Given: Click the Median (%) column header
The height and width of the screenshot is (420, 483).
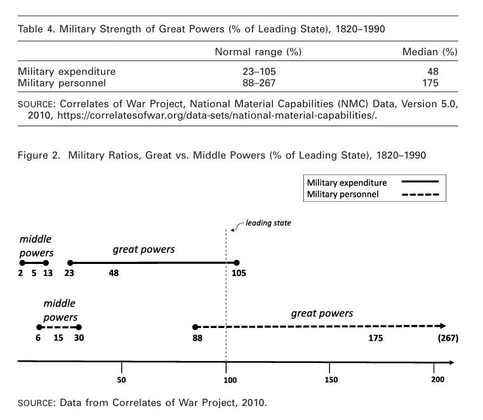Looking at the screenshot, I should pos(430,51).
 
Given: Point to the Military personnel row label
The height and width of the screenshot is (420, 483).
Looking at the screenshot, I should pos(62,82).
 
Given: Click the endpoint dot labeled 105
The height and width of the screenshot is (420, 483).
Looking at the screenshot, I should pos(236,262).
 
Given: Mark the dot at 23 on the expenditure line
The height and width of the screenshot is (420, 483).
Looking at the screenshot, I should pos(70,262).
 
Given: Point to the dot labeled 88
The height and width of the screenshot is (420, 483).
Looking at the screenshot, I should pos(196,327).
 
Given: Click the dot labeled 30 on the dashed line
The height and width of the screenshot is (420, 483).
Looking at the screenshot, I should pos(78,327).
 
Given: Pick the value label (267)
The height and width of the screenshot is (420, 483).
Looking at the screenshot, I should pos(448,338).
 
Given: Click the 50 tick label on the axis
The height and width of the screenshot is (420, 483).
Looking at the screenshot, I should pos(122,379).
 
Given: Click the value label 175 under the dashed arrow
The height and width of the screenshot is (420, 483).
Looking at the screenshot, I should pos(375,338).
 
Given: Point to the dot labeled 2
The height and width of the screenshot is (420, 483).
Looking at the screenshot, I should pos(22,262).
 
